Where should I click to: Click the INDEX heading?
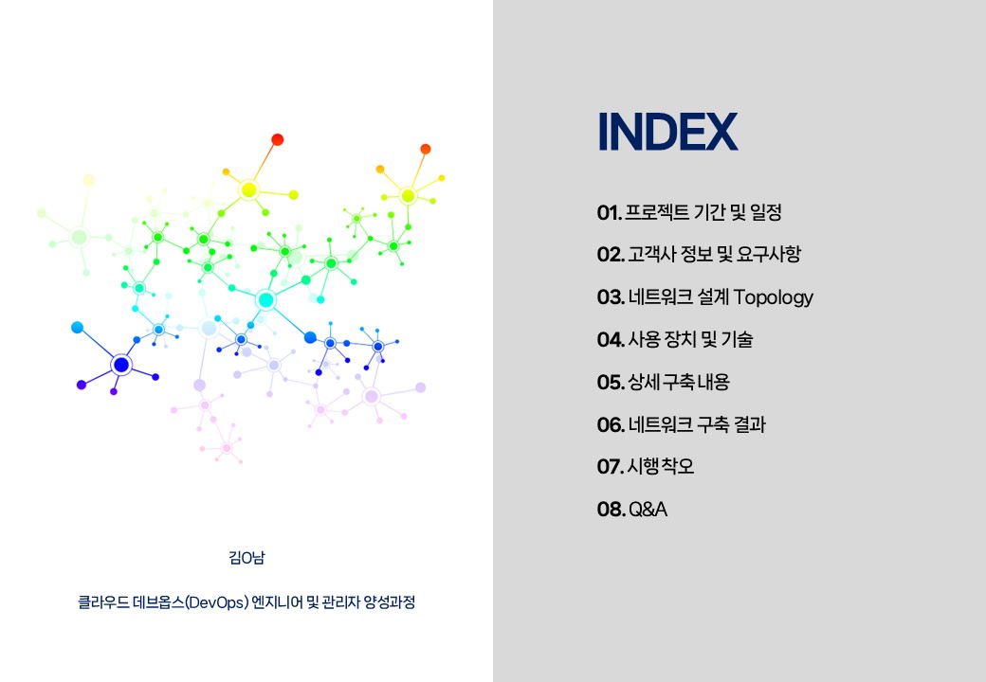pos(667,132)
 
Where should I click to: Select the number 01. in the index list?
pos(610,213)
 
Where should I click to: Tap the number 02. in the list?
pos(611,255)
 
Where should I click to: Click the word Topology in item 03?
pos(773,297)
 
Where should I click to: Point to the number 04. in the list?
pos(611,340)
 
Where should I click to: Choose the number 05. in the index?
pos(611,383)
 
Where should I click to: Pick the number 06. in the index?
pos(611,425)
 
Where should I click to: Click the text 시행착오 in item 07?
pos(660,467)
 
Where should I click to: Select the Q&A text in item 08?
pos(648,510)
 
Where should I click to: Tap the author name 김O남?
pos(246,558)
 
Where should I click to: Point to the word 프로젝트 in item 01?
pos(656,212)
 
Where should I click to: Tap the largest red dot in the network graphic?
pos(277,139)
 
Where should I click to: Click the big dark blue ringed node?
pos(121,365)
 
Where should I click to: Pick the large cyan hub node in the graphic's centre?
pos(266,300)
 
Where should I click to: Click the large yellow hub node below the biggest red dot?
pos(249,189)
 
